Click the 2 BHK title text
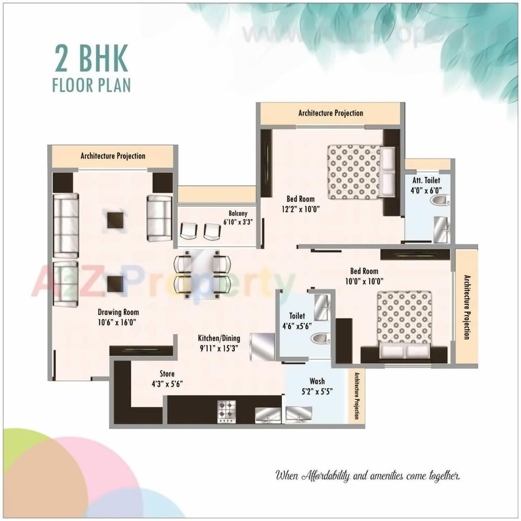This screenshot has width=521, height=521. (x=91, y=59)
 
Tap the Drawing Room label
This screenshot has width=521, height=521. (x=118, y=312)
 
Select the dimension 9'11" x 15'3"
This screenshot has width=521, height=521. (x=219, y=348)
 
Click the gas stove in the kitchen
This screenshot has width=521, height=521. (x=226, y=411)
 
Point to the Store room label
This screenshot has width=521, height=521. (x=167, y=374)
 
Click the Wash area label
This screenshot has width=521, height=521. (x=317, y=381)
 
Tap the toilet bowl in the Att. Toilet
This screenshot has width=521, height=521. (x=440, y=200)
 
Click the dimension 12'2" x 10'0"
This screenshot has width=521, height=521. (x=301, y=209)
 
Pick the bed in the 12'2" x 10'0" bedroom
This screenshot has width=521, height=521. (x=361, y=172)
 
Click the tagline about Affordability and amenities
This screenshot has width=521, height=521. (x=367, y=476)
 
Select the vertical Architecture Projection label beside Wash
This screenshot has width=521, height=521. (x=356, y=396)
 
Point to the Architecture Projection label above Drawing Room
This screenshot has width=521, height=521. (x=113, y=156)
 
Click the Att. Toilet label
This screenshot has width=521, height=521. (x=425, y=181)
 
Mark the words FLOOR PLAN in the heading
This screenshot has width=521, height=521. (x=91, y=85)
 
